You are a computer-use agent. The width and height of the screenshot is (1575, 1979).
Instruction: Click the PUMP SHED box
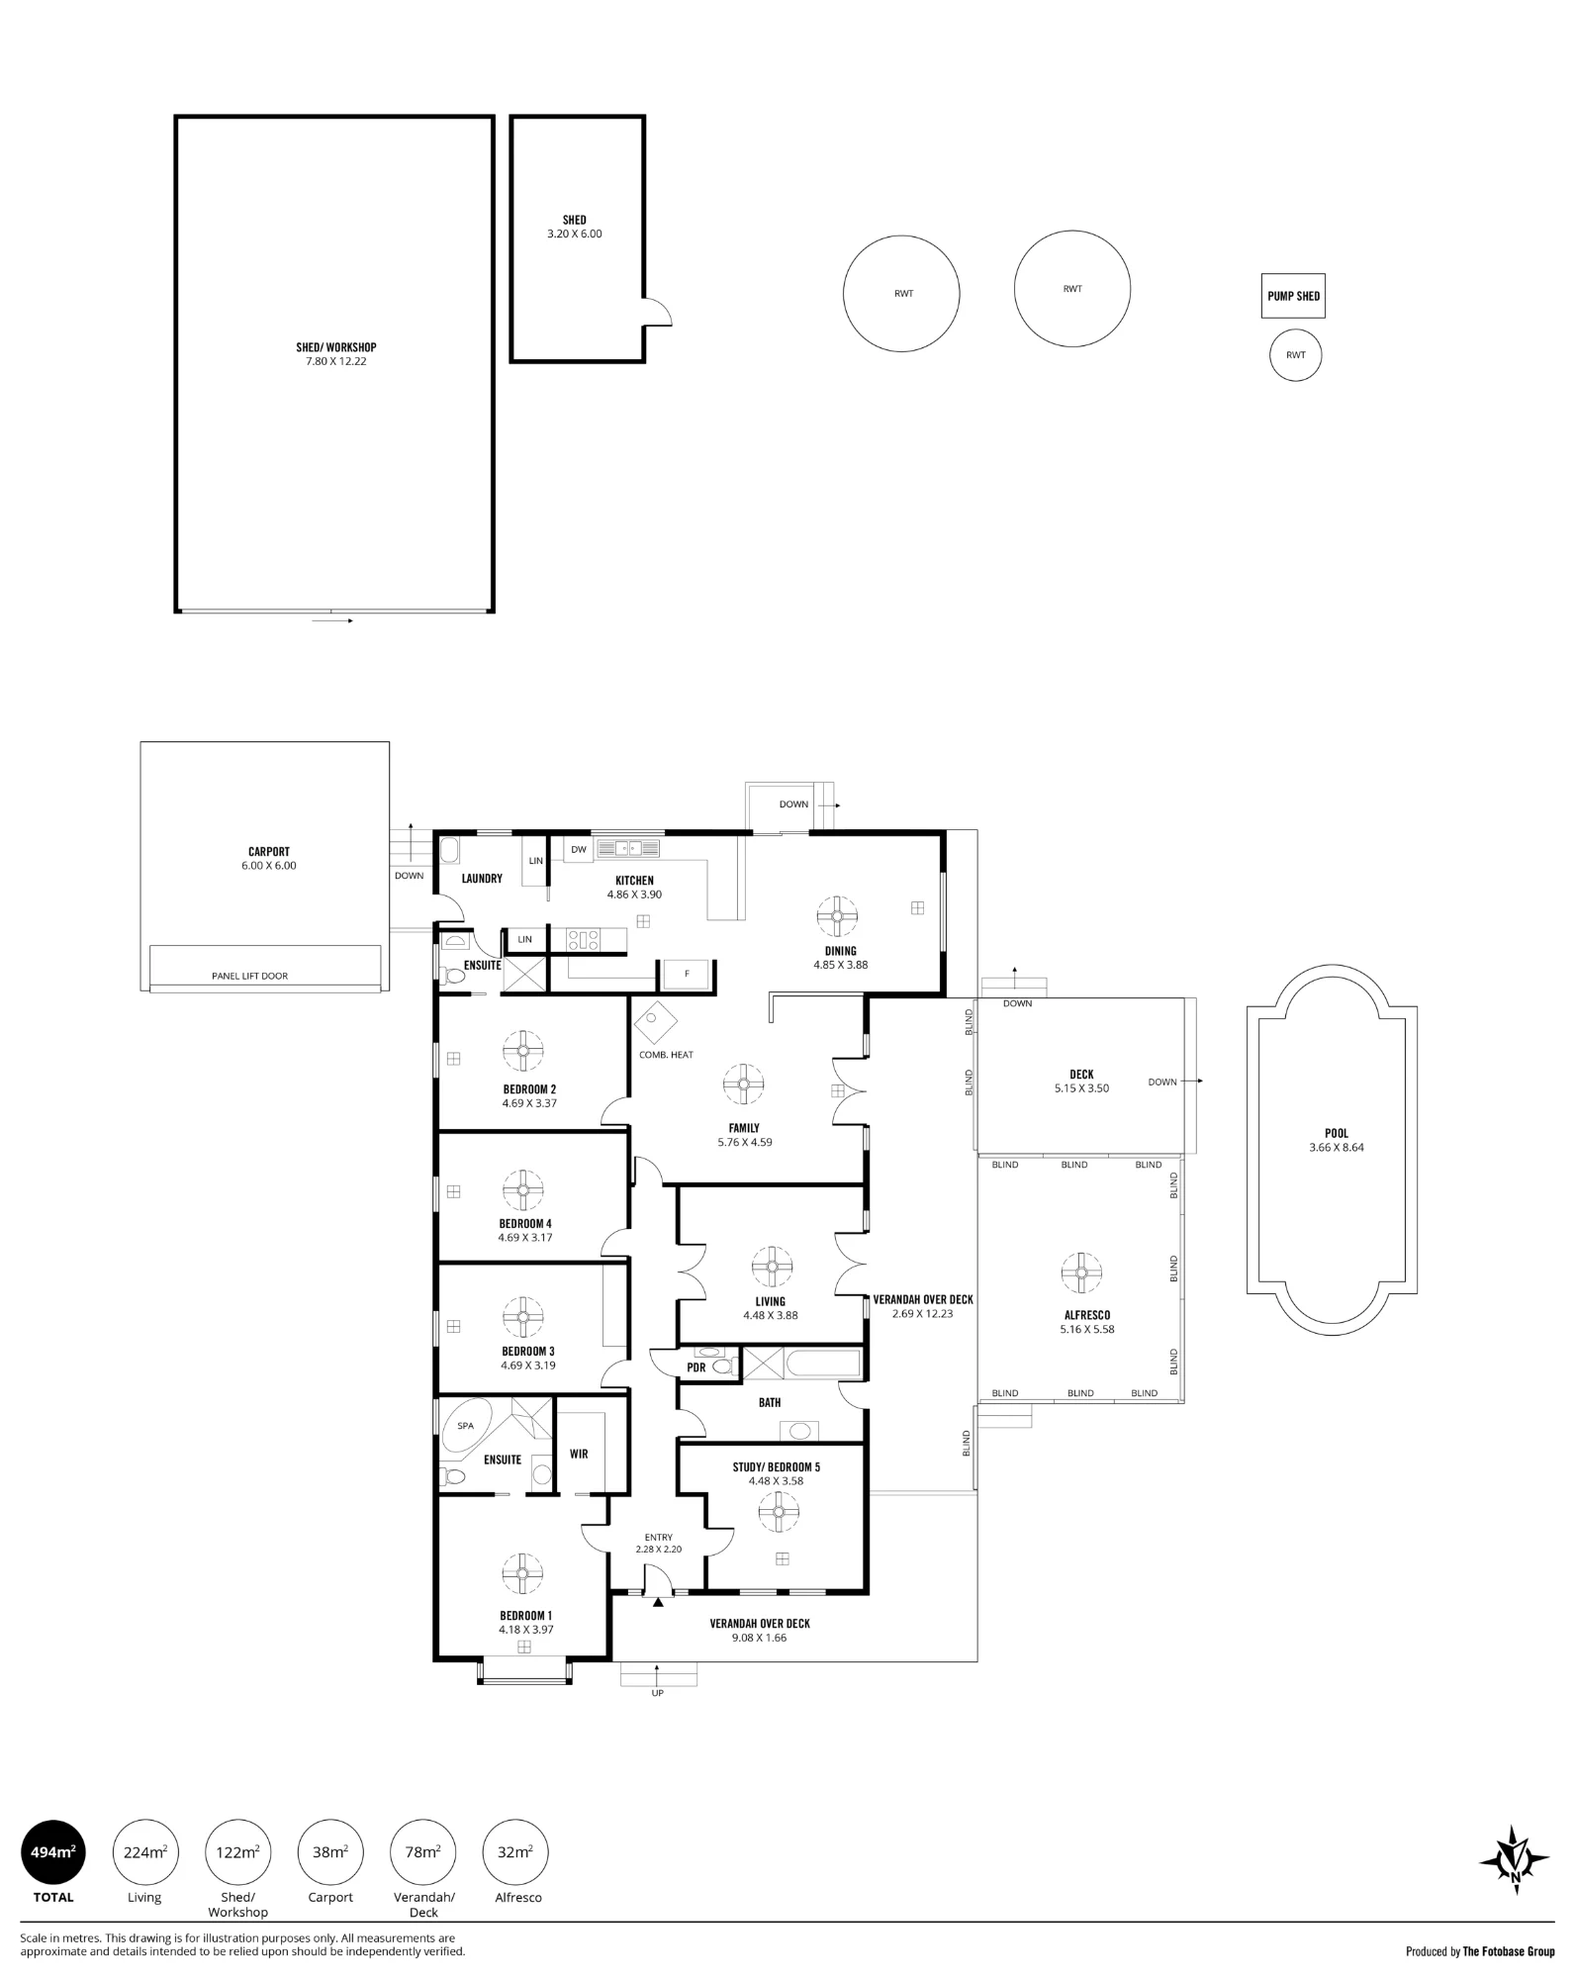[x=1292, y=296]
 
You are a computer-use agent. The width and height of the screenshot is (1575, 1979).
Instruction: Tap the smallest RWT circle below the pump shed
[x=1295, y=355]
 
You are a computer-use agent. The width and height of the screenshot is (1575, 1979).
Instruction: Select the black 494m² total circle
[x=53, y=1852]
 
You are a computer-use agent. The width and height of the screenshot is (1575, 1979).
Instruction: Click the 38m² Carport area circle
[x=330, y=1852]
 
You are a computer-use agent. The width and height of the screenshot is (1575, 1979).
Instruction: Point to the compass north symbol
[x=1514, y=1860]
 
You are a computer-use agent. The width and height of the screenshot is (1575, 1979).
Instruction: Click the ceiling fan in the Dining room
[x=836, y=915]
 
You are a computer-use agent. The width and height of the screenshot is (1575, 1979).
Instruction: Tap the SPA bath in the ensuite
[x=467, y=1426]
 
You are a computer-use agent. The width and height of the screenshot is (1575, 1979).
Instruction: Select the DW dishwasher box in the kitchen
[x=579, y=849]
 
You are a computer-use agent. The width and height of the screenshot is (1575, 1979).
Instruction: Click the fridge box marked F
[x=687, y=974]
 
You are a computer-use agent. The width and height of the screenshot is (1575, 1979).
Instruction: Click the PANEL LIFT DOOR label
[x=249, y=976]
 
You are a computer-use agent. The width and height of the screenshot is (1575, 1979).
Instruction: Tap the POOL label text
[x=1337, y=1133]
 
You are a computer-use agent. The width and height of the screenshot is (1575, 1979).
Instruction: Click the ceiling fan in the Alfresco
[x=1081, y=1272]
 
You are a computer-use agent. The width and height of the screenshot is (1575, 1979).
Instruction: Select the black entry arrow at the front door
[x=658, y=1601]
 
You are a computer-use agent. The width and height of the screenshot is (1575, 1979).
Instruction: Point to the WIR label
[x=579, y=1454]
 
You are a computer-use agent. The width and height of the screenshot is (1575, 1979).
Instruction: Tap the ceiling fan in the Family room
[x=742, y=1084]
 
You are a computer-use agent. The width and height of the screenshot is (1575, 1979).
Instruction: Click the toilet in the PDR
[x=722, y=1367]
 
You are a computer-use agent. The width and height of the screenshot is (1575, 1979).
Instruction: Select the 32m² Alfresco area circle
[x=514, y=1852]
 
